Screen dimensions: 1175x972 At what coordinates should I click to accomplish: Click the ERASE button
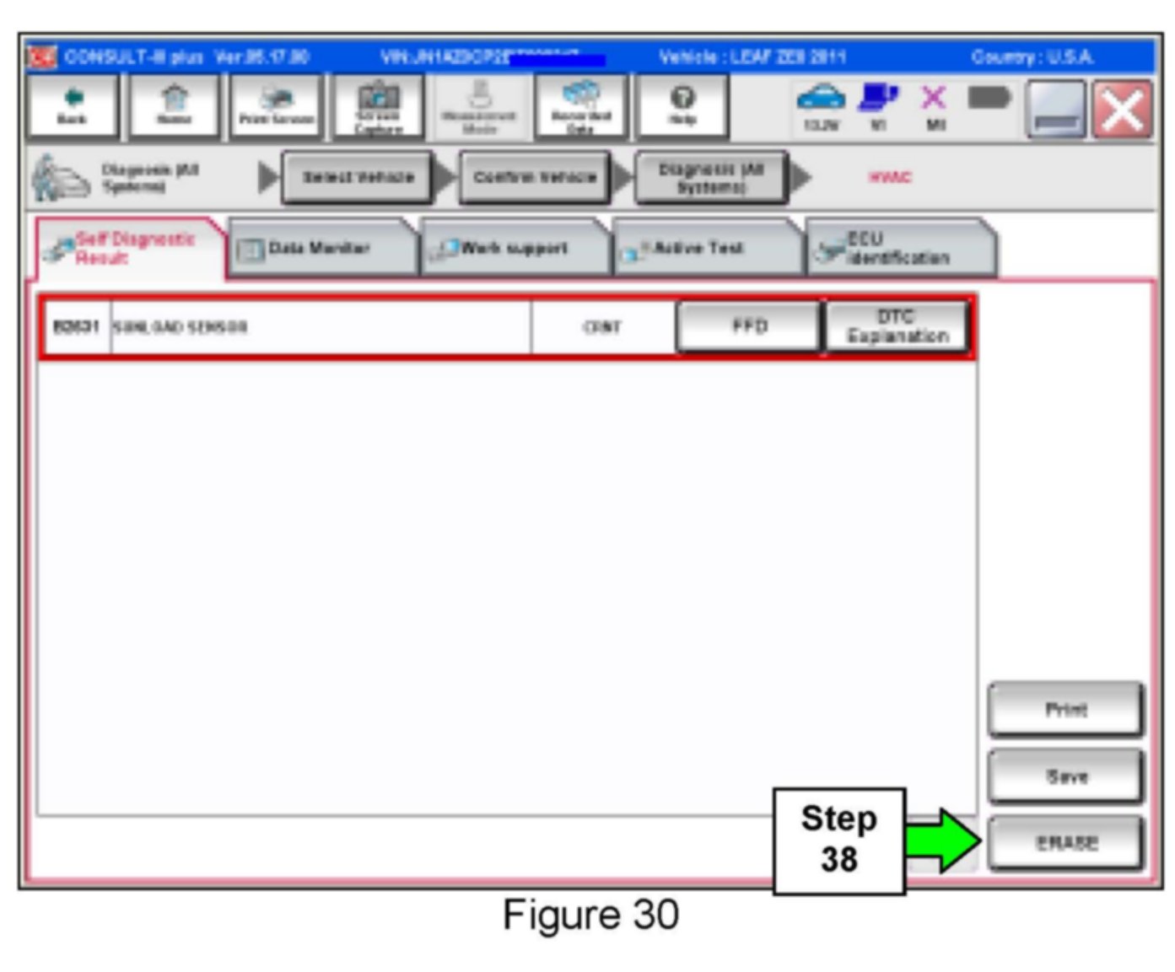(1066, 843)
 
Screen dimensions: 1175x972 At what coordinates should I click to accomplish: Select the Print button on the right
(1066, 710)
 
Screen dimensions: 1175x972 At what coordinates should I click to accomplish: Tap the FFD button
(749, 326)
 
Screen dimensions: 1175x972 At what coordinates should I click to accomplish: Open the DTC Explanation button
(897, 326)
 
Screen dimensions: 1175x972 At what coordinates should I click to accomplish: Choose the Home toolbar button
(174, 106)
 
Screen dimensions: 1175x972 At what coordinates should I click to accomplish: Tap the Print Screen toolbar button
(276, 106)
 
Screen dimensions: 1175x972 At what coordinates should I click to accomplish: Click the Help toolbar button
(682, 106)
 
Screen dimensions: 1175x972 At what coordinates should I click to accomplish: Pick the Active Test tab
(707, 249)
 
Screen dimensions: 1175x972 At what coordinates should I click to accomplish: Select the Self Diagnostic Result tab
(131, 249)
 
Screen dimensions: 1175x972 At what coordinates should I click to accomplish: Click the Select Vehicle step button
(358, 177)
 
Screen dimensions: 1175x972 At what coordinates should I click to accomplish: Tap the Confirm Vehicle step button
(535, 177)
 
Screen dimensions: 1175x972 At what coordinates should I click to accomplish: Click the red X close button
(1123, 110)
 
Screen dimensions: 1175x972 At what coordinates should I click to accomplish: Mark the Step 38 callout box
(838, 840)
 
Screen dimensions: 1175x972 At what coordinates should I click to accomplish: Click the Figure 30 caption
(590, 915)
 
